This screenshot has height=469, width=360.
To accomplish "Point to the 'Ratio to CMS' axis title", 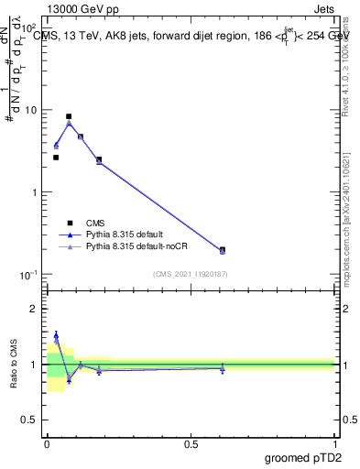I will pos(14,365).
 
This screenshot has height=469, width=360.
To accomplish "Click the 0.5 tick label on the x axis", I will pos(191,444).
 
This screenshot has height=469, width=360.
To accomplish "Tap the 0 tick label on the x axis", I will pos(47,444).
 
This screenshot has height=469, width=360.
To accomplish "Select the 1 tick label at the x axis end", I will pos(334,444).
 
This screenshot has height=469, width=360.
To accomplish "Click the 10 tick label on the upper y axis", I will pos(30,110).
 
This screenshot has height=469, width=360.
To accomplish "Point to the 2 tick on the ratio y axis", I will pos(37,309).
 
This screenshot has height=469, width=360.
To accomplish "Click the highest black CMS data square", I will pos(69,116).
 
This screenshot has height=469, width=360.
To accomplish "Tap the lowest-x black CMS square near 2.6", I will pos(56,158).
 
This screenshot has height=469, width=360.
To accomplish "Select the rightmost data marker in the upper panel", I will pos(223,250).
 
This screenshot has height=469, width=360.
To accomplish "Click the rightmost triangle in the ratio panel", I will pos(223,367).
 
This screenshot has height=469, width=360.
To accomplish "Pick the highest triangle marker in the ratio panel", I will pos(56,335).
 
